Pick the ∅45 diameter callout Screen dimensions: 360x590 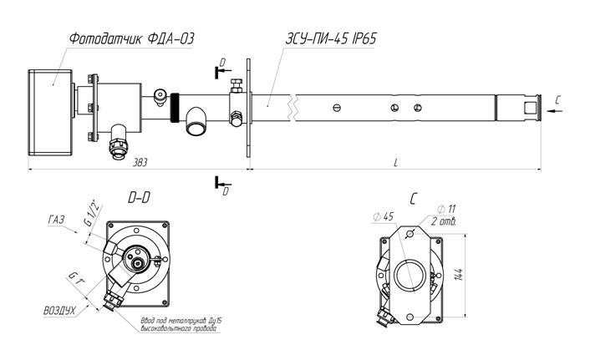pyautogui.click(x=384, y=216)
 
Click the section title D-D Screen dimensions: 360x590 pyautogui.click(x=140, y=199)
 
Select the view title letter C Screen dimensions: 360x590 pyautogui.click(x=415, y=199)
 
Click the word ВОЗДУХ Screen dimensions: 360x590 pyautogui.click(x=60, y=310)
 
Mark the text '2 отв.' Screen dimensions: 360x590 pyautogui.click(x=444, y=221)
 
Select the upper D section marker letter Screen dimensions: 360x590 pyautogui.click(x=221, y=63)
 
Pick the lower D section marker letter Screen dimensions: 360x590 pyautogui.click(x=226, y=191)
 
